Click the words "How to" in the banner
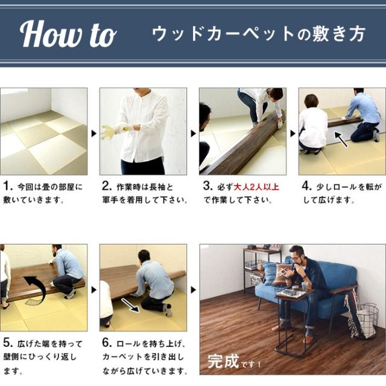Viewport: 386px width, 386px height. tap(68, 34)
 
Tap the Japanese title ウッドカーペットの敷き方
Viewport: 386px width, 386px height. tap(258, 34)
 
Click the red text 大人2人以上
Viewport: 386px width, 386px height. tap(256, 187)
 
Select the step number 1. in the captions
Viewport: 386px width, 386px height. tap(8, 186)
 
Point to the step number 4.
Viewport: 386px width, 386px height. tap(307, 186)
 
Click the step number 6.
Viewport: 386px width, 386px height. tap(107, 343)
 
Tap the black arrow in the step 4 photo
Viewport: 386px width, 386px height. tap(341, 139)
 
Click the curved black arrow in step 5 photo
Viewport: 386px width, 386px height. tap(36, 289)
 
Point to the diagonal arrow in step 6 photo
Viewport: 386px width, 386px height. tap(130, 305)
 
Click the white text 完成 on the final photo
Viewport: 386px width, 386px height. tap(223, 361)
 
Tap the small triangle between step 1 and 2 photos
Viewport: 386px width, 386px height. tap(94, 134)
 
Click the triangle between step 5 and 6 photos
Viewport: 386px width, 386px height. tap(94, 290)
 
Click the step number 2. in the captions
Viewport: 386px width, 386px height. tap(107, 186)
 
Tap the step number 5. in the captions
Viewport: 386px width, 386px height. tap(8, 343)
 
